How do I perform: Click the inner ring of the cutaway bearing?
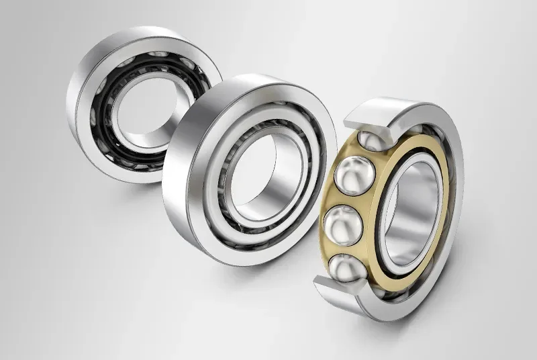(x=393, y=222)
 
